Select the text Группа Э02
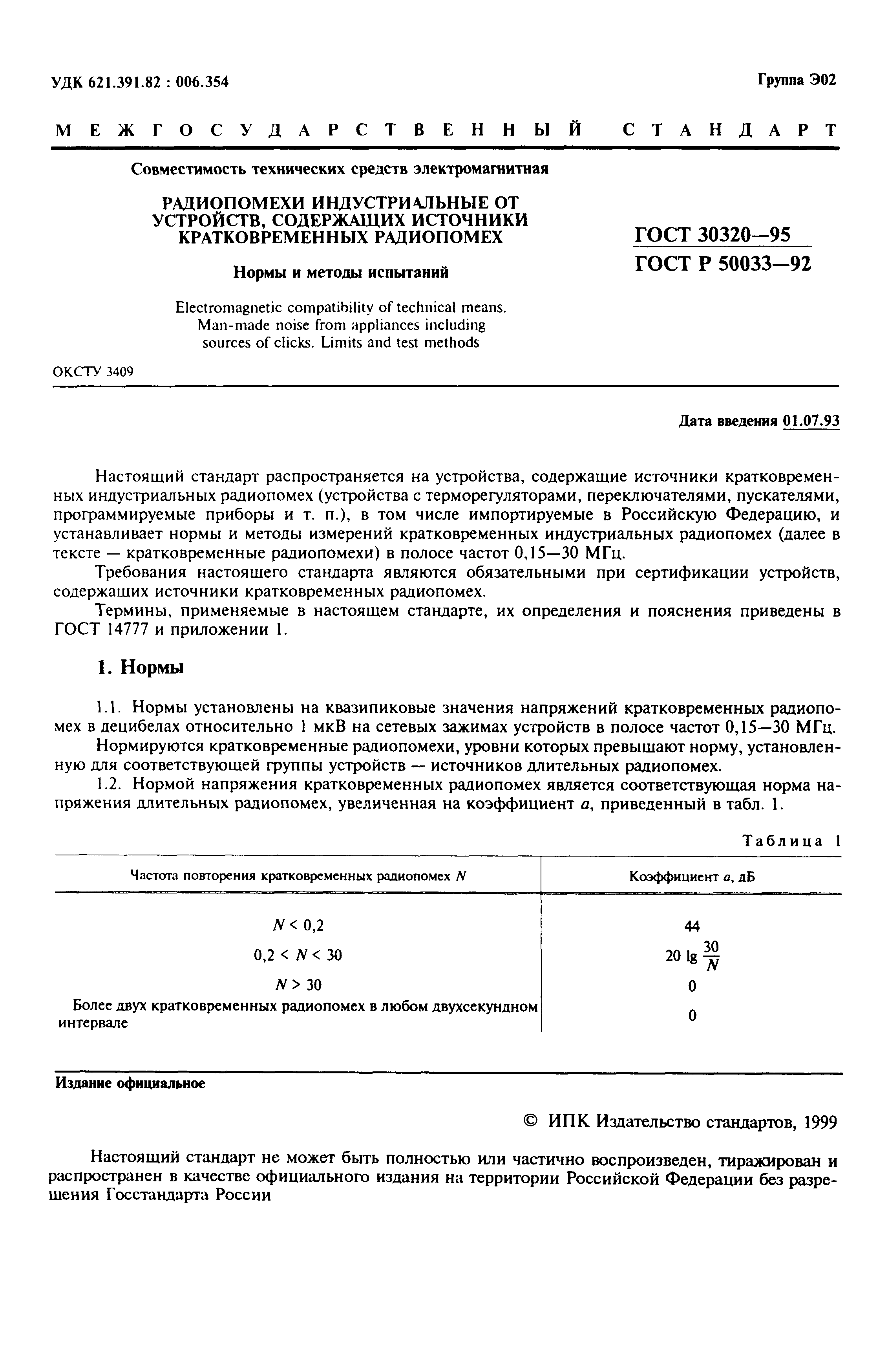coord(797,80)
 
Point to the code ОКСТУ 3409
coord(93,372)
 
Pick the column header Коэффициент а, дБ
coord(692,876)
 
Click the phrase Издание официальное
coord(130,1083)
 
